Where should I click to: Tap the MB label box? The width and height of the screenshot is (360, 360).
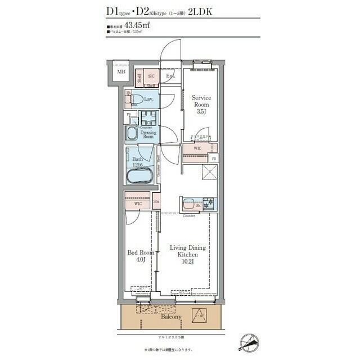pos(121,73)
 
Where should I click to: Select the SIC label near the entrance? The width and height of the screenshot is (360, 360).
pos(151,76)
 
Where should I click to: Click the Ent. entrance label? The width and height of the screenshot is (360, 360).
pos(170,76)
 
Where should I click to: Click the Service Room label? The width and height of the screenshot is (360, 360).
pos(200,101)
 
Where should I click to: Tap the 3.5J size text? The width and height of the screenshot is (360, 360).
pos(201,112)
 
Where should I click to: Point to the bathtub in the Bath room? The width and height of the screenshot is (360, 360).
pos(139,175)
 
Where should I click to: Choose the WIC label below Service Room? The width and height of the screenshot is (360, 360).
pos(197,148)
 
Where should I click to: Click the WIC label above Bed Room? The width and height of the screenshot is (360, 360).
pos(130,204)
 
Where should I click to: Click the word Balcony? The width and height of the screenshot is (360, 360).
pos(171,317)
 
